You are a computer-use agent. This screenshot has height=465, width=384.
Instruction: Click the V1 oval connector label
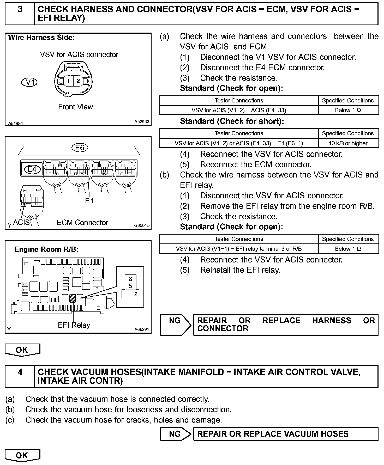click(x=29, y=82)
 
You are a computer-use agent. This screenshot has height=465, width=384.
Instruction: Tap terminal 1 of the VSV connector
click(x=68, y=81)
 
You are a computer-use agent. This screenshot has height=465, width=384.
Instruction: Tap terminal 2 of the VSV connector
click(x=78, y=81)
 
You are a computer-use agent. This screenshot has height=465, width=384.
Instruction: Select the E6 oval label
click(x=80, y=148)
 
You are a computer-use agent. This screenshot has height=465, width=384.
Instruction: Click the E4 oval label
click(x=32, y=169)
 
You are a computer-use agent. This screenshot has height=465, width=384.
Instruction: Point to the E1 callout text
click(x=89, y=201)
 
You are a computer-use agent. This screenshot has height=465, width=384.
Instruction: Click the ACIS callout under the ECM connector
click(x=21, y=222)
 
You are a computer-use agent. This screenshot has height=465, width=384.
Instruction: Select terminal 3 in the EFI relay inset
click(x=130, y=279)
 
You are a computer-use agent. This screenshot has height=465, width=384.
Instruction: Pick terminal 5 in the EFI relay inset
click(x=130, y=286)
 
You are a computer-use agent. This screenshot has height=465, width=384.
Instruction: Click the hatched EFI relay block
click(x=73, y=298)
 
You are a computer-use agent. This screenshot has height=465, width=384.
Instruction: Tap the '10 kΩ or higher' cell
click(x=348, y=143)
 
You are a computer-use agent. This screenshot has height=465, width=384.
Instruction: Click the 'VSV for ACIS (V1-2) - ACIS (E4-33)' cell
click(x=239, y=110)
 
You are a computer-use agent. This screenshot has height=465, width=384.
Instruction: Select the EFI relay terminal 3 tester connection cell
click(x=239, y=249)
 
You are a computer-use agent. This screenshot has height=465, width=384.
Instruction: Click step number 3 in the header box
click(x=20, y=10)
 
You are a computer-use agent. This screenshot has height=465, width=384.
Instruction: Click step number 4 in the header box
click(x=20, y=372)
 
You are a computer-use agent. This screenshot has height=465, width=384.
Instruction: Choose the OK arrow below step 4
click(x=22, y=455)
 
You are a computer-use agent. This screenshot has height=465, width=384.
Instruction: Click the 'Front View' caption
click(x=75, y=107)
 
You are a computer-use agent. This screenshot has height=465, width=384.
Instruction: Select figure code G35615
click(x=142, y=225)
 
